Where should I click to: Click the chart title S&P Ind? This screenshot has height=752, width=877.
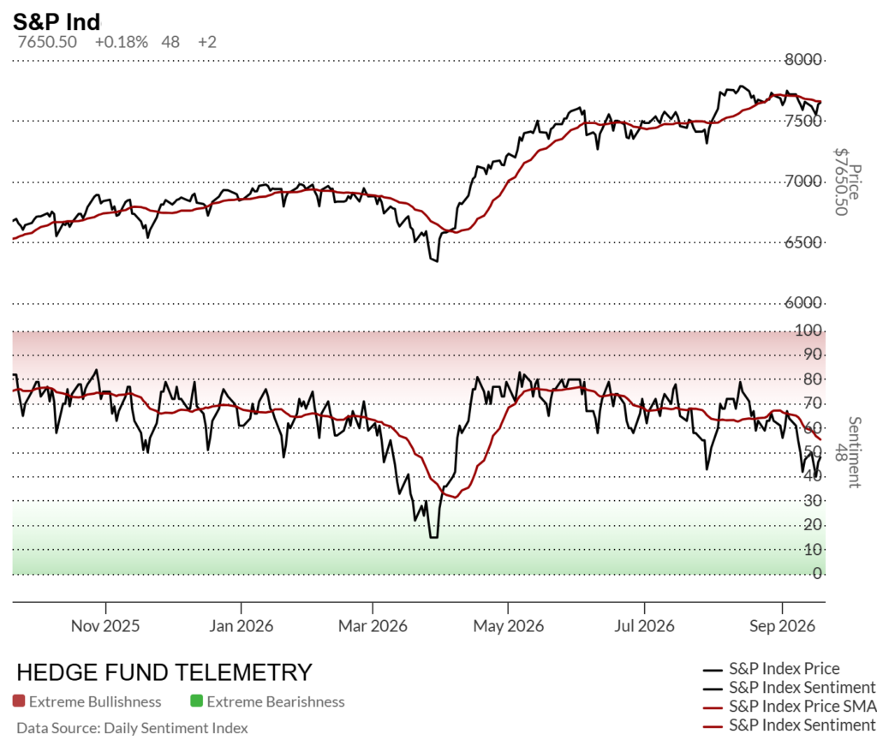57,21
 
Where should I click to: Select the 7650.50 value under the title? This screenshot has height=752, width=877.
47,42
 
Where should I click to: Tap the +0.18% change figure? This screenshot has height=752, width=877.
122,42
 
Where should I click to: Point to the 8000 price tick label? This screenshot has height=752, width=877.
803,59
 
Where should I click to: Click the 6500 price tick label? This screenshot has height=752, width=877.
803,242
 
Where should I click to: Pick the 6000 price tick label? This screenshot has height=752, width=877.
803,302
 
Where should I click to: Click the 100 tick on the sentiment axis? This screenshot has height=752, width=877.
808,330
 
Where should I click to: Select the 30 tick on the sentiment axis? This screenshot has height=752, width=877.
813,500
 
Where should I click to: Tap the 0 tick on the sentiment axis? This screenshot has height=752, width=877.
817,574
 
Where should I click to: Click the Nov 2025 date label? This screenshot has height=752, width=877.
105,625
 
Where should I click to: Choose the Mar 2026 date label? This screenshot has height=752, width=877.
373,625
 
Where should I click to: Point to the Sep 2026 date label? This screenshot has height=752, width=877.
782,625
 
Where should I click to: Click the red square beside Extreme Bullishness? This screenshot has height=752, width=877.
19,701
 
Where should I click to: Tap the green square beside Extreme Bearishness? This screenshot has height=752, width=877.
196,701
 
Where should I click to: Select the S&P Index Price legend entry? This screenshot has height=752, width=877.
772,669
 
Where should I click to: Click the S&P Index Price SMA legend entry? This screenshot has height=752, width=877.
789,706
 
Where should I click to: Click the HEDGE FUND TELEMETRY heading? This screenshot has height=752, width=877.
164,672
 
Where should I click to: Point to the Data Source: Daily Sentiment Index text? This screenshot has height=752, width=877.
132,728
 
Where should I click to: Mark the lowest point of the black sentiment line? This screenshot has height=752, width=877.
433,538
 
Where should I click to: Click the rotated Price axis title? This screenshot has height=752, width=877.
854,182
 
